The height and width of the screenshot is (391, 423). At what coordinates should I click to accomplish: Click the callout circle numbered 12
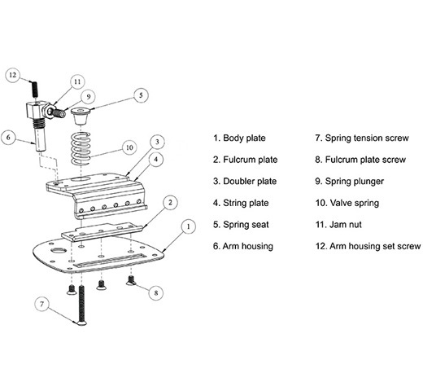coord(13,75)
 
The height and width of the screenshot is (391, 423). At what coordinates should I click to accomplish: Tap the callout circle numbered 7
coord(41,304)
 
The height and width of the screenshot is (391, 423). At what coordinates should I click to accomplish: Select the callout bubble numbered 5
coord(141,95)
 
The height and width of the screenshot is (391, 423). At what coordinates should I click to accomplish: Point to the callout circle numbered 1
coord(189,226)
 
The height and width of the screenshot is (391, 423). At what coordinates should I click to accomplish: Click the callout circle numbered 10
coord(129,147)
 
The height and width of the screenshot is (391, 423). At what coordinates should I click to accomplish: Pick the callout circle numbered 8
coord(156,292)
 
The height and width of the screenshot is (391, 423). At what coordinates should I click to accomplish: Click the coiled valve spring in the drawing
coord(81,148)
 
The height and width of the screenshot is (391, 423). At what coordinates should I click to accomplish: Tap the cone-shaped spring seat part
coord(81,116)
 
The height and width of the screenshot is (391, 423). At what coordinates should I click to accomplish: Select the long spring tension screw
coord(81,305)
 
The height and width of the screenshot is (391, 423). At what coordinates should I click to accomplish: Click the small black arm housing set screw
coord(34,90)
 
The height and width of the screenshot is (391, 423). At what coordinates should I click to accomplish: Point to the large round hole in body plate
coord(59,250)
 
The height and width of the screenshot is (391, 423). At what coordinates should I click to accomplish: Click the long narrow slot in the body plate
coord(111,259)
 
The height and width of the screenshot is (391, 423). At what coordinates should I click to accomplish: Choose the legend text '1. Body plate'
coord(239,138)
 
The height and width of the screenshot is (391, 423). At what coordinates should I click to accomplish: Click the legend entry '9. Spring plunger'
coord(349,182)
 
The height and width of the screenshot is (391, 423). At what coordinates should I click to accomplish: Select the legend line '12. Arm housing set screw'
coord(368,246)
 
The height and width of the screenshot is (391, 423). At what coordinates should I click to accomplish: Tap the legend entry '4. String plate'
coord(241,203)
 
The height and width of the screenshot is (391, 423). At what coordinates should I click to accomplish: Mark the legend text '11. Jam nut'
coord(338,225)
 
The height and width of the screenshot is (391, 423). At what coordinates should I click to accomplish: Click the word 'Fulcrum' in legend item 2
coord(239,160)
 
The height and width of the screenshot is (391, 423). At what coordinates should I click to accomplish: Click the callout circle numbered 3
coord(158,142)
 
